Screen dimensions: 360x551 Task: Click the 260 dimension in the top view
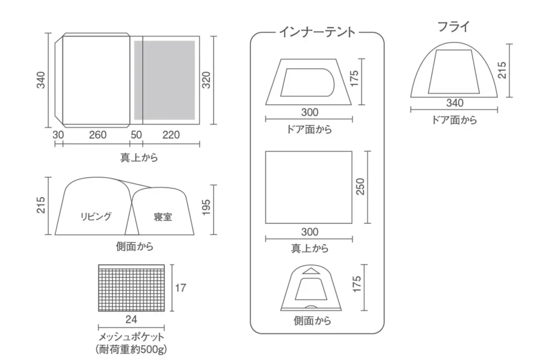tap(97, 135)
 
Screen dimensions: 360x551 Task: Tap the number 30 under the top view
tap(59, 135)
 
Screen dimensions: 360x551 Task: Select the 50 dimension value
tap(136, 135)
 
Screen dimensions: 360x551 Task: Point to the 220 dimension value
tap(170, 135)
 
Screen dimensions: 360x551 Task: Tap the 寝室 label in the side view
tap(163, 217)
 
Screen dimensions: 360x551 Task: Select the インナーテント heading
tap(317, 33)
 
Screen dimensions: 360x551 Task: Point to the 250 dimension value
tap(361, 187)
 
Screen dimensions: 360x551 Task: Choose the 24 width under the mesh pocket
tap(131, 319)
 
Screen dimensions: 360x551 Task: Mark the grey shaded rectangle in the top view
tap(165, 80)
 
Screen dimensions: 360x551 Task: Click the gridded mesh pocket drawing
tap(131, 288)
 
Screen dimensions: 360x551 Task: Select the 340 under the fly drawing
tap(455, 102)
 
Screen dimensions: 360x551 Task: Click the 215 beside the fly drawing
tap(501, 70)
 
